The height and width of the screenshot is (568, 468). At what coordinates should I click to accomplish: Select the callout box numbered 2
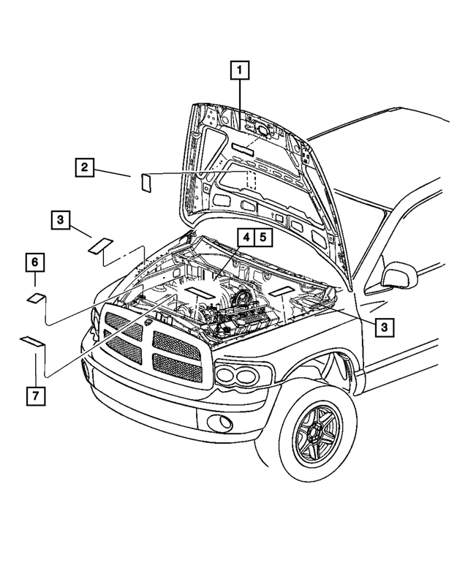(85, 167)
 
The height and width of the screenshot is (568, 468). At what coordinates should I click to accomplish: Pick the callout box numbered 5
(263, 237)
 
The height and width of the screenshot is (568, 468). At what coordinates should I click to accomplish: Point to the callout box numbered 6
(34, 260)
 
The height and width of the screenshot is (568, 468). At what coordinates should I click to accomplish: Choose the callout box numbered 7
(34, 395)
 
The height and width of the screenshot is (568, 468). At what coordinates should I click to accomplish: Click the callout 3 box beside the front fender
(385, 326)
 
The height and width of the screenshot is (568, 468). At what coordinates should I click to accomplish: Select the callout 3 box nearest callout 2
(61, 219)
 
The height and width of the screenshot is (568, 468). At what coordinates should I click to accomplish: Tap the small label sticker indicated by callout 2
(146, 181)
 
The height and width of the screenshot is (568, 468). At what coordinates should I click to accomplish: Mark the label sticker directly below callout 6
(36, 297)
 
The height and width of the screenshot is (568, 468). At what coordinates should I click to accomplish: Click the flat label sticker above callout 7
(31, 340)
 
